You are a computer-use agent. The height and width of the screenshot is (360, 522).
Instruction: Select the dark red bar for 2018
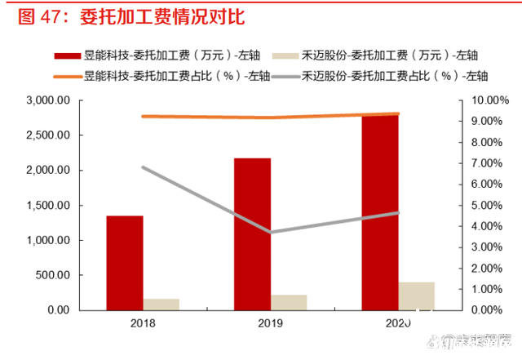[125, 262]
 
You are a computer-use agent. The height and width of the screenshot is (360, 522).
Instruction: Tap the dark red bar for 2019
[252, 233]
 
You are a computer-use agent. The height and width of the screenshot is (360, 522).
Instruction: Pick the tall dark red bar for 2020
[380, 212]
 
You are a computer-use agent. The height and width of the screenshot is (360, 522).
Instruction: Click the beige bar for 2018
[161, 304]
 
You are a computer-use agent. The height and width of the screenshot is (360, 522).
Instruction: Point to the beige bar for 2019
[288, 302]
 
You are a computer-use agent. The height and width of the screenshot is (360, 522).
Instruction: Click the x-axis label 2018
[143, 324]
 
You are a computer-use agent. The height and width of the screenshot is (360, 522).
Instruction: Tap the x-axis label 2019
[270, 324]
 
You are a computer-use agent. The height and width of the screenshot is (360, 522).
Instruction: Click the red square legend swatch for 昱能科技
[67, 56]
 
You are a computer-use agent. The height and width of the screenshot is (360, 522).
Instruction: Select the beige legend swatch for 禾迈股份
[283, 56]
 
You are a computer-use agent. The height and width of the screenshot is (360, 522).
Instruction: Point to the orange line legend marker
[67, 76]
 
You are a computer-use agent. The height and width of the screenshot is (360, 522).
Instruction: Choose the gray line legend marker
[283, 76]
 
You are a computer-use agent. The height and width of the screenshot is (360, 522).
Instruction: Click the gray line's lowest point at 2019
[270, 232]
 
